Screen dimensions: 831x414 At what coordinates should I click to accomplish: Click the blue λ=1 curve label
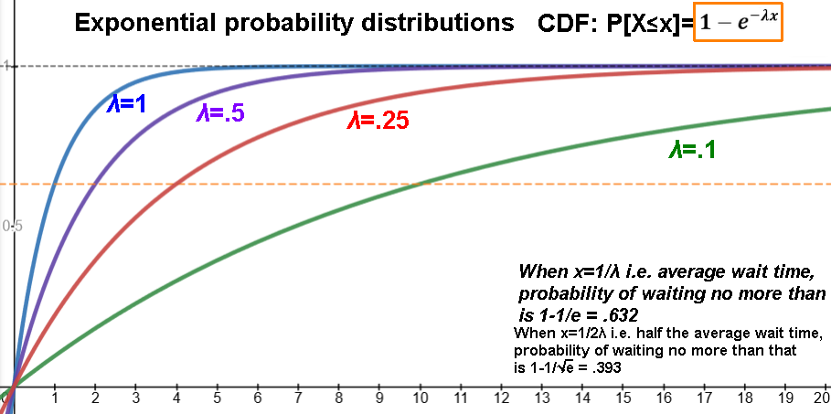[x=126, y=103]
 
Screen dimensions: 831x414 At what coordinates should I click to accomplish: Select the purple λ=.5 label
[x=220, y=113]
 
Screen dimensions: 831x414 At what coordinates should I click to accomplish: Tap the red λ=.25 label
[x=378, y=122]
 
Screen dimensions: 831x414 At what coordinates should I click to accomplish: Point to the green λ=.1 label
[x=693, y=151]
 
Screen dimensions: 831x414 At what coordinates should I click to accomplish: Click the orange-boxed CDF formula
[x=739, y=23]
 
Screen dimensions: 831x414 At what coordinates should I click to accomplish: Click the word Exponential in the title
[x=145, y=24]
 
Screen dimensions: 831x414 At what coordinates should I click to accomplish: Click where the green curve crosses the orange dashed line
[x=421, y=184]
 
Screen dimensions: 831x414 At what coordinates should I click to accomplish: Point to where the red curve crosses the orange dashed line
[x=176, y=184]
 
